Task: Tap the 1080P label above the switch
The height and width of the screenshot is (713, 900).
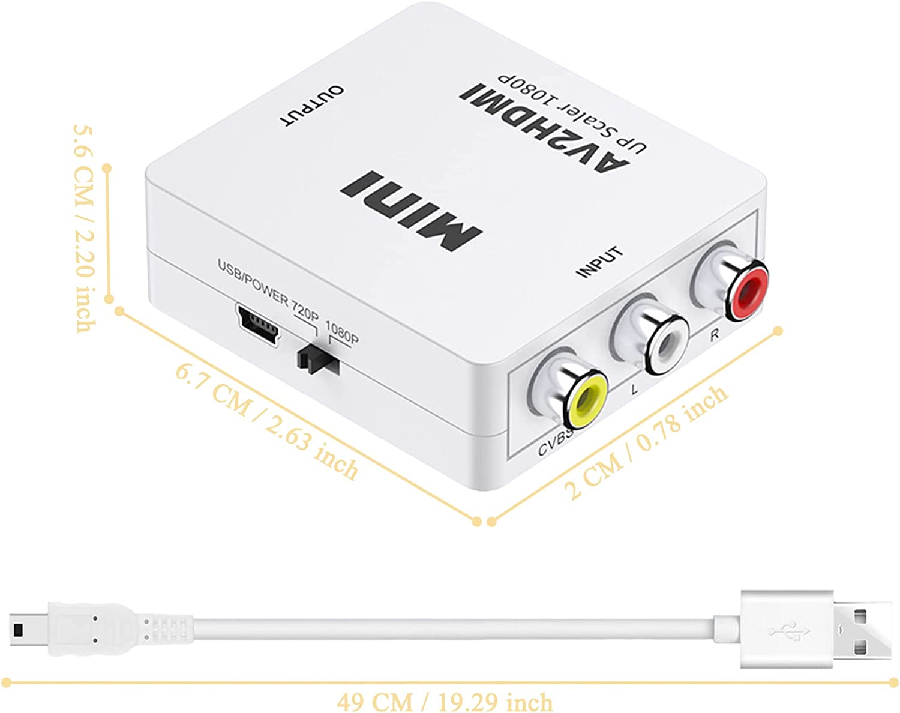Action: (x=341, y=332)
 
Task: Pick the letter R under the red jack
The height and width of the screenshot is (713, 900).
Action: (x=715, y=335)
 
